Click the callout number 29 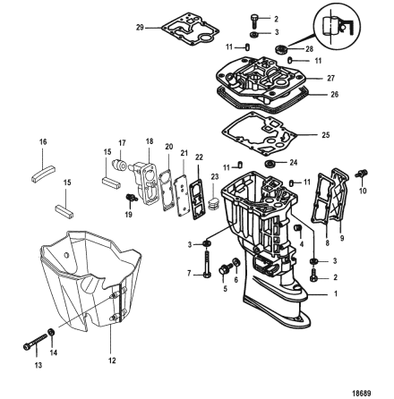140,28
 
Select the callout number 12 112,361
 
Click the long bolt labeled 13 35,342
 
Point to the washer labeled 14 51,332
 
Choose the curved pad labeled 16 44,174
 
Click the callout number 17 122,143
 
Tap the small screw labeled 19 131,197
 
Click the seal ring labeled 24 270,164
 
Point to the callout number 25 326,135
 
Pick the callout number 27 330,78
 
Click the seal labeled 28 281,49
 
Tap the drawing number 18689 363,394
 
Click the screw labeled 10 361,174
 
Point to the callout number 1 335,293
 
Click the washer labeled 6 236,262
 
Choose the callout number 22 199,157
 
